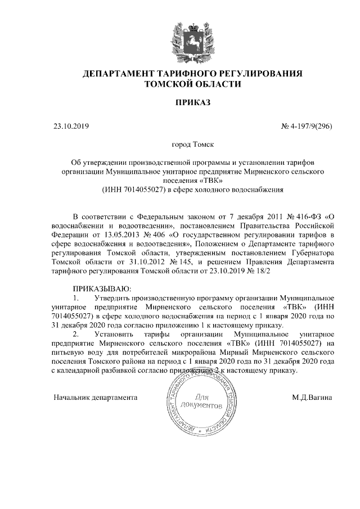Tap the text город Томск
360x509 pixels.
tap(192, 145)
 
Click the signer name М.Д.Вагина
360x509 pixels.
tap(312, 397)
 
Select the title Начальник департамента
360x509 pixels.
tap(96, 397)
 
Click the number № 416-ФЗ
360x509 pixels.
tap(299, 217)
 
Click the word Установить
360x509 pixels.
tap(116, 334)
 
